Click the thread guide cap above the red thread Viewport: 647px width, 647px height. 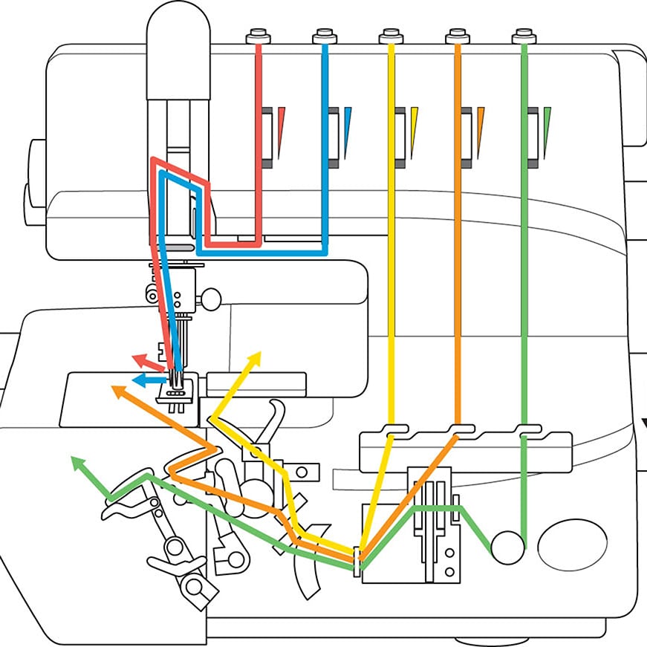[259, 36]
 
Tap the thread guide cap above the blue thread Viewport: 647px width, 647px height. [325, 36]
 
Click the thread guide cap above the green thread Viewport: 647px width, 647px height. [524, 36]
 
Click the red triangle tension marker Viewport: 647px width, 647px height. [282, 130]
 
